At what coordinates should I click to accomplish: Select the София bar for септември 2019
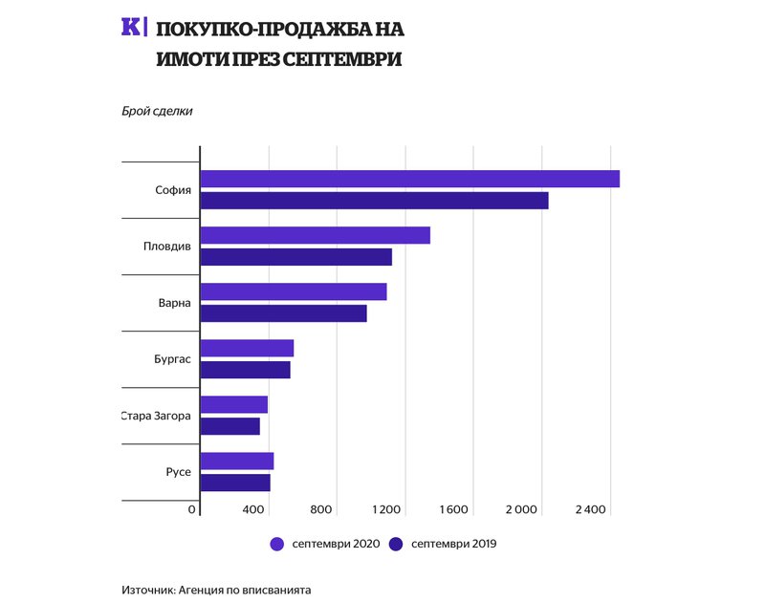point(374,201)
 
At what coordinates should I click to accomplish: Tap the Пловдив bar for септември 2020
point(315,235)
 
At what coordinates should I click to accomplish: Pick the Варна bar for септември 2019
point(283,313)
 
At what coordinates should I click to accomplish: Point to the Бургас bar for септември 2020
point(247,348)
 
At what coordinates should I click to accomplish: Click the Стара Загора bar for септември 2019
point(229,426)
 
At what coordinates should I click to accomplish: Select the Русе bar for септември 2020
point(236,461)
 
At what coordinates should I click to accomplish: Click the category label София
point(173,189)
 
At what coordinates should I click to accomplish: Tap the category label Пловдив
point(167,247)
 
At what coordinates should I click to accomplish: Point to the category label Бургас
point(171,360)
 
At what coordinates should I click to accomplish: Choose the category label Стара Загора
point(156,417)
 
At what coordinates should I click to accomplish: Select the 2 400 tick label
point(589,509)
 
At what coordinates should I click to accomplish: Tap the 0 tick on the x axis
point(193,509)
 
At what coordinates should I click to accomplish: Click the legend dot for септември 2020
point(277,544)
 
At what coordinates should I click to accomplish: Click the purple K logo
point(130,27)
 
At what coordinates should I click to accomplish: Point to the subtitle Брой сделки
point(158,111)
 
